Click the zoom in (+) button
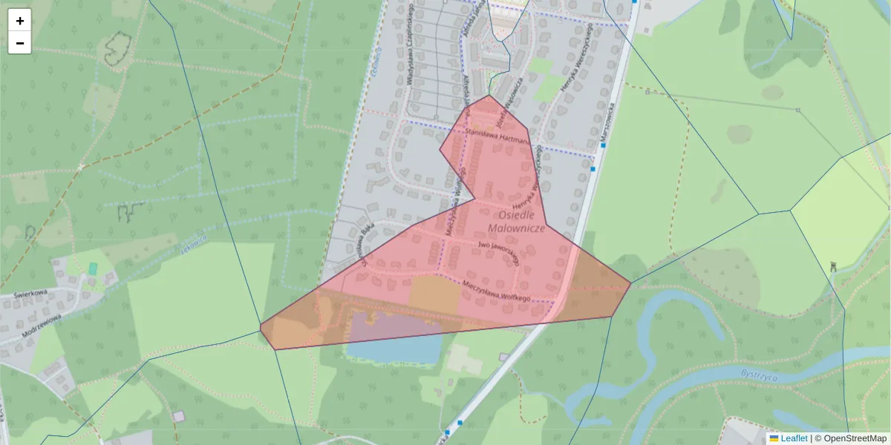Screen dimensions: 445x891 point(20,21)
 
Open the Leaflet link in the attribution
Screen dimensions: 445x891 point(794,438)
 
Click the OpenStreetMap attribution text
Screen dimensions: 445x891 point(855,438)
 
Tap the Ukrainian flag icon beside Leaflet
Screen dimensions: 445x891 point(774,438)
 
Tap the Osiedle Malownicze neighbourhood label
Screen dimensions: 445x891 point(518,221)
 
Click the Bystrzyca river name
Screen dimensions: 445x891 point(758,375)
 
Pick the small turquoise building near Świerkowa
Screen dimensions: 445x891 point(93,268)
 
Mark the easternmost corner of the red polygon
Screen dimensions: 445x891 point(630,283)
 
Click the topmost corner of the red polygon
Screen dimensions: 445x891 point(489,95)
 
